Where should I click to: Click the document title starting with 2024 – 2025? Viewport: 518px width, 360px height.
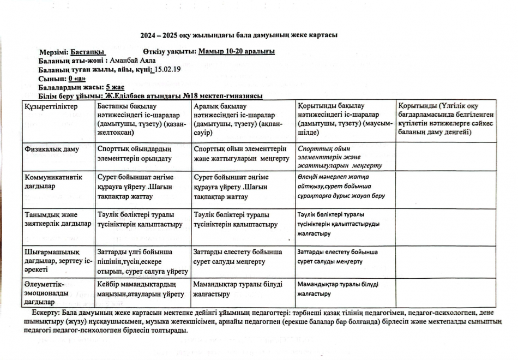tap(239, 35)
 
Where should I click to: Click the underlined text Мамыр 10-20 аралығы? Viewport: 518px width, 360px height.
tap(237, 52)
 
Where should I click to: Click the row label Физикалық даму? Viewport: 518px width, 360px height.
tap(51, 148)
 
